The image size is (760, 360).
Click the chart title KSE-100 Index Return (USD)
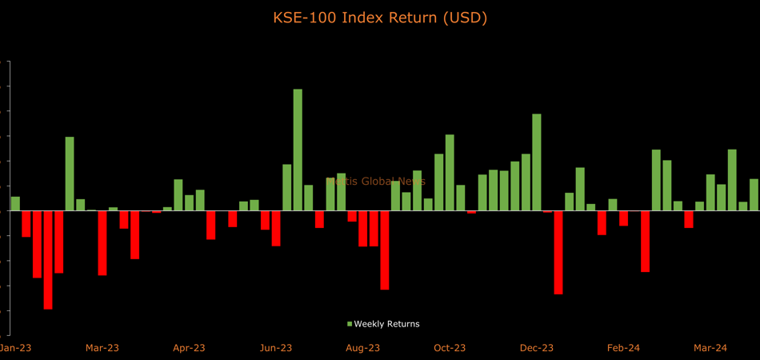380,18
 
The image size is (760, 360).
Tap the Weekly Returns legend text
386,324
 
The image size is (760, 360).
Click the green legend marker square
350,324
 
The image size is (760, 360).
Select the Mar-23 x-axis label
102,347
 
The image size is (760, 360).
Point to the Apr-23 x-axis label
189,347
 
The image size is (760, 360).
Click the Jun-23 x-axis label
275,347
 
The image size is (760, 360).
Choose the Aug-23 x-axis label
362,347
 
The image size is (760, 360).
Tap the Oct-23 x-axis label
450,347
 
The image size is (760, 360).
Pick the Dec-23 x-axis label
537,347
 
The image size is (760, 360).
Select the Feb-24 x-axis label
623,347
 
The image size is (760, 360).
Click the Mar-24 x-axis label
710,347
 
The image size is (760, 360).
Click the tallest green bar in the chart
298,150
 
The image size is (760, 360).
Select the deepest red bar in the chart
48,260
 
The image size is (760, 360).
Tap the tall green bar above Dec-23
537,162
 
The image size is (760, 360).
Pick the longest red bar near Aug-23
385,250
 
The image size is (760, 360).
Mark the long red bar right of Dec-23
558,253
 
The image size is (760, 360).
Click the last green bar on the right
754,195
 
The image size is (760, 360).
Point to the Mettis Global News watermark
376,182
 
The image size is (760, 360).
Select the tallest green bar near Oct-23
450,173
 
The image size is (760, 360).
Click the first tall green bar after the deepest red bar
70,174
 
